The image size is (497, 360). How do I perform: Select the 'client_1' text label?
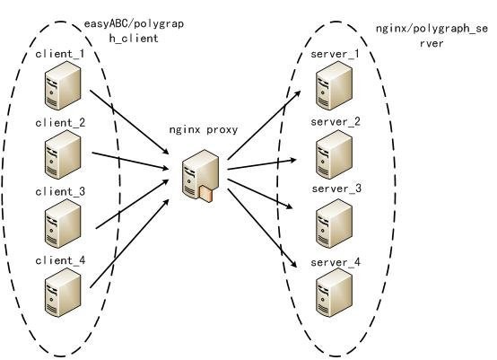pos(59,54)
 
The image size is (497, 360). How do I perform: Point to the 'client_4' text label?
pos(59,260)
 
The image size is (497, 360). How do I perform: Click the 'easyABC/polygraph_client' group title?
pos(133,31)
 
